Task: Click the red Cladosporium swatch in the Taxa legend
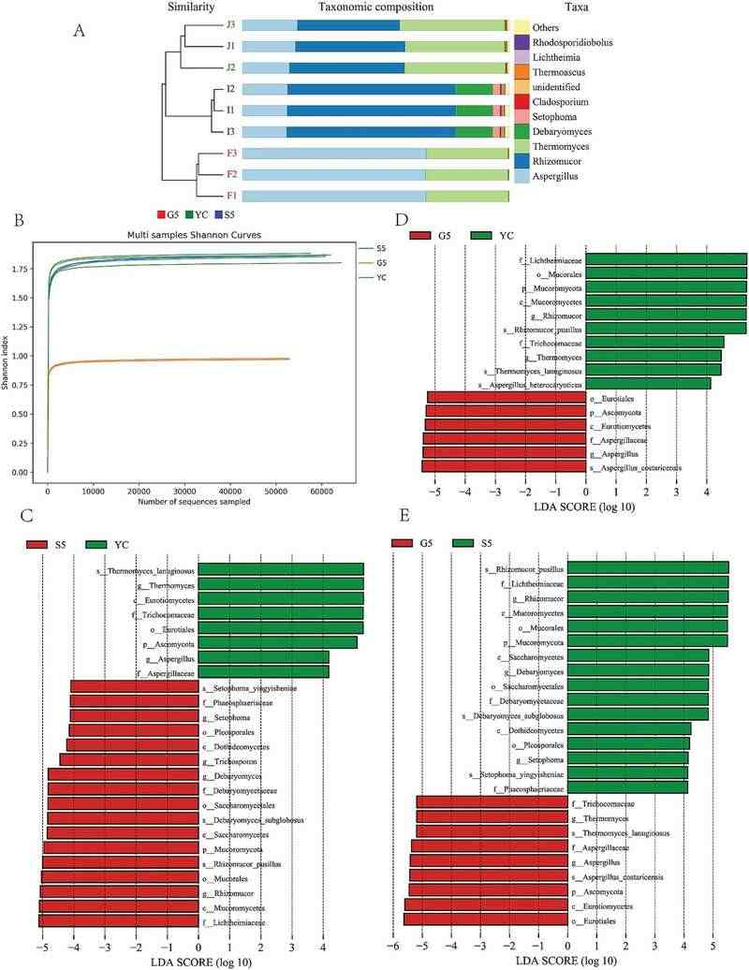point(521,101)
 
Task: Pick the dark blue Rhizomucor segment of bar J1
point(350,46)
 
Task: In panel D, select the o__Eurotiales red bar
point(507,397)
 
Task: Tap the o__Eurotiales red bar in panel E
point(486,919)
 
